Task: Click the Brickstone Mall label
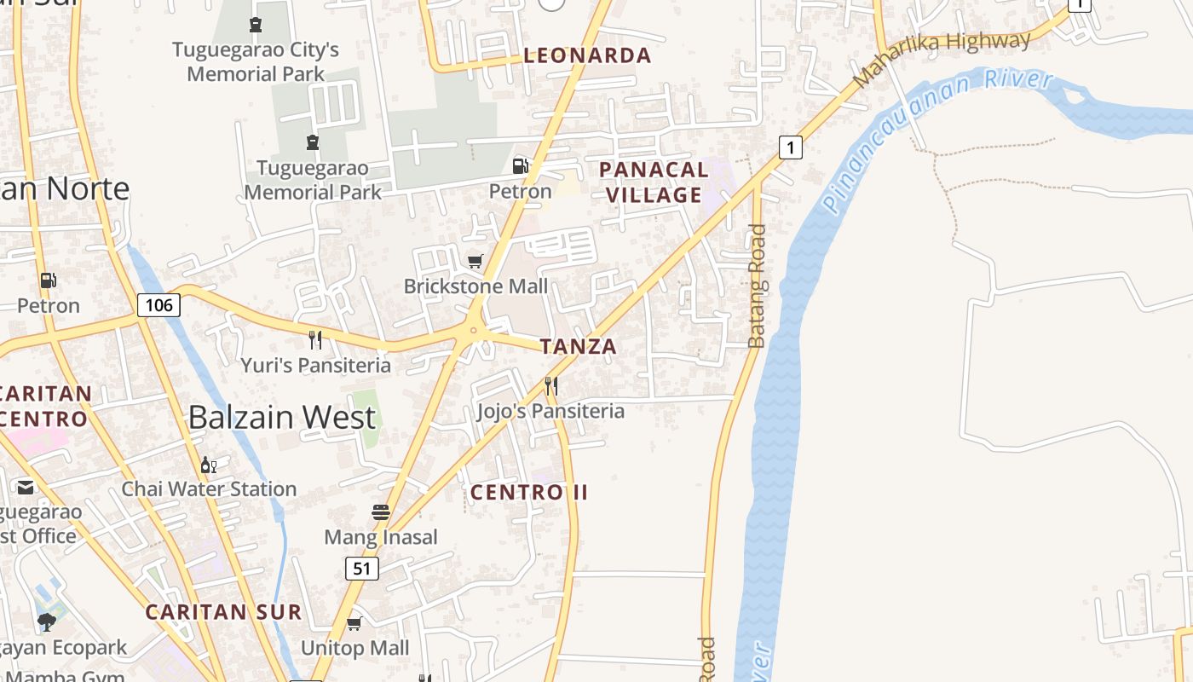(475, 286)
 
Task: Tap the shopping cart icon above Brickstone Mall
(475, 261)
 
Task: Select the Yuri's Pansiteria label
(315, 366)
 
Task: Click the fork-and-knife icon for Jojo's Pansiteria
(551, 385)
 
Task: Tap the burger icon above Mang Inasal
(381, 511)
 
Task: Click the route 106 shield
(159, 304)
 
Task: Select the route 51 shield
(362, 569)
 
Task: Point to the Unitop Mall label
(354, 648)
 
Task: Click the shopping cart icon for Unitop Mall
(354, 623)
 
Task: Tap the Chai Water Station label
(209, 489)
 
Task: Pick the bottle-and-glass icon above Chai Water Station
(208, 465)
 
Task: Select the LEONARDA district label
(587, 56)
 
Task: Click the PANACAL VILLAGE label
(654, 182)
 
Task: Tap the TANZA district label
(578, 346)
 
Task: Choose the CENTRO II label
(529, 492)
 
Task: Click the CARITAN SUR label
(223, 612)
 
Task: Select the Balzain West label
(281, 418)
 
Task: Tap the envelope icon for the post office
(26, 488)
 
